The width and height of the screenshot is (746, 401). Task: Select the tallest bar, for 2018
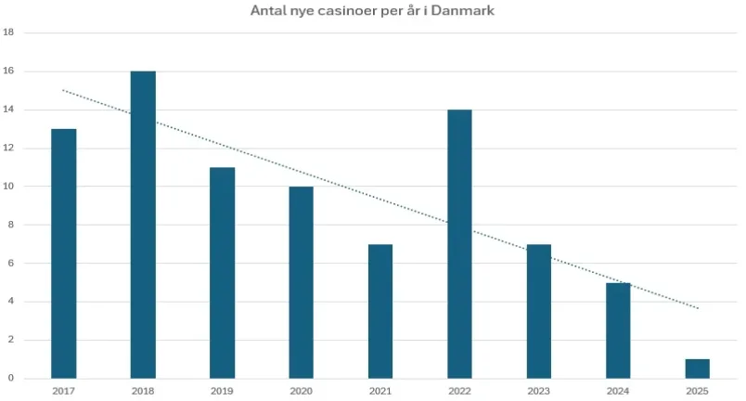pos(143,224)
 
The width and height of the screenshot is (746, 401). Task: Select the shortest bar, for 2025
pos(697,368)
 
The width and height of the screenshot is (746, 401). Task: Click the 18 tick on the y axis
pos(9,32)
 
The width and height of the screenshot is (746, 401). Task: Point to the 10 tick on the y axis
pos(9,187)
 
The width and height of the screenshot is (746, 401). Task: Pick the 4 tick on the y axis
pos(9,302)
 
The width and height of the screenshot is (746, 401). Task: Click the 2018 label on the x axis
pos(143,391)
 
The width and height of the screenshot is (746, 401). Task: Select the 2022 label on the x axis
pos(459,391)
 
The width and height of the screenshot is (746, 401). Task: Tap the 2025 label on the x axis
pos(697,391)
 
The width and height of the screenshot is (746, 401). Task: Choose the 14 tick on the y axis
pos(9,110)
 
